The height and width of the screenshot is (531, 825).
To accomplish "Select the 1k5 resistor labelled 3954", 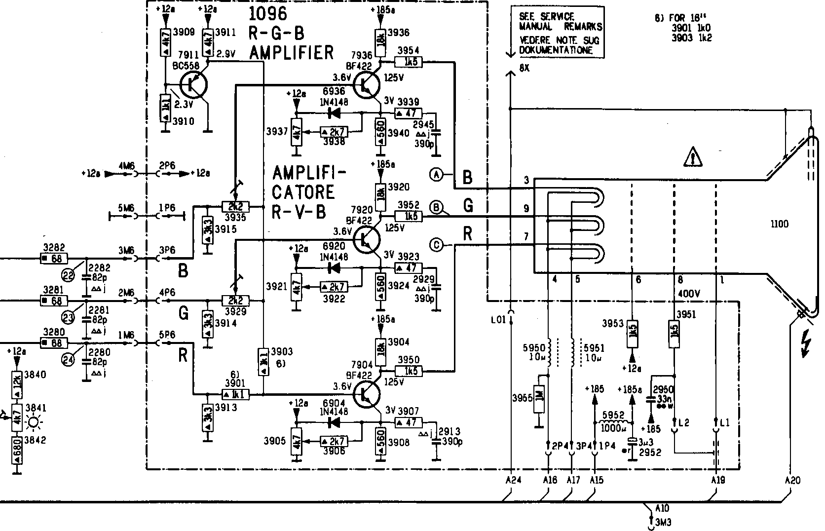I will pos(409,62).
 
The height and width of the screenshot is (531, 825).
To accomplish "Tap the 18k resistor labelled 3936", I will pos(380,37).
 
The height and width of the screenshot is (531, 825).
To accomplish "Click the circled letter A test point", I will pos(436,174).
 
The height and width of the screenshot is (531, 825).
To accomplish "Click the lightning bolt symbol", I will pos(806,344).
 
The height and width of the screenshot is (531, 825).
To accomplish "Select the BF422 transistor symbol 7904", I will pos(367,394).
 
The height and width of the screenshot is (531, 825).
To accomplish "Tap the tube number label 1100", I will pos(779,225).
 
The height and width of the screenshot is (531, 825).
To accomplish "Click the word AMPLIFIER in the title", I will pos(292,52).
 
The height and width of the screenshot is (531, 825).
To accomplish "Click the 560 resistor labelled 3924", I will pos(380,286).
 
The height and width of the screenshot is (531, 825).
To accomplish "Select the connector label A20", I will pos(791,480).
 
